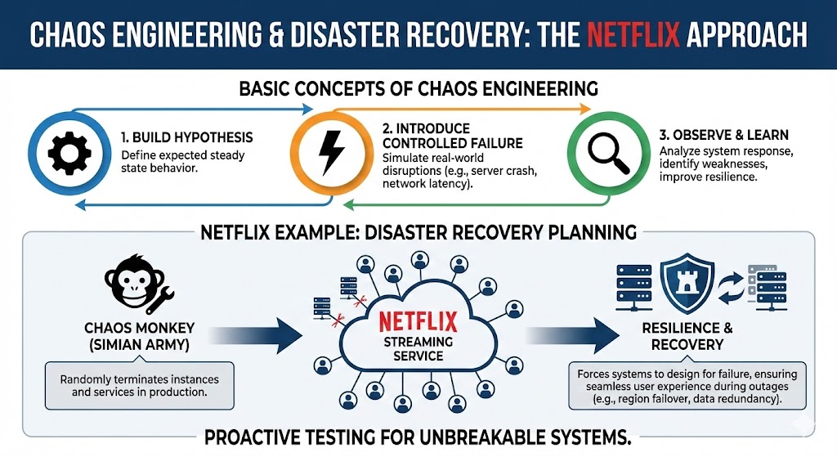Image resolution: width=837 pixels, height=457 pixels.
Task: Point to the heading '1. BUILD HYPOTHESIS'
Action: [186, 137]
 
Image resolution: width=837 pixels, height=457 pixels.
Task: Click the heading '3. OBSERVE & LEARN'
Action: [723, 134]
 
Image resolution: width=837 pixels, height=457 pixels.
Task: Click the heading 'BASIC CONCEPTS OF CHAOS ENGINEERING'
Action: [418, 88]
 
